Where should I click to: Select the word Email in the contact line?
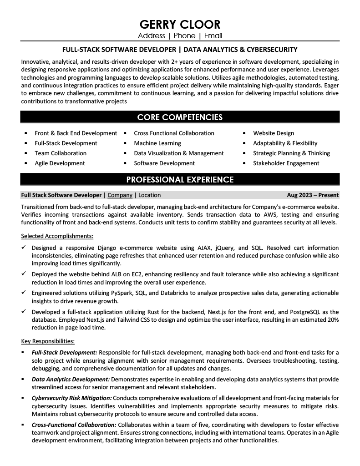(x=213, y=36)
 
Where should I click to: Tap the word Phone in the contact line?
(x=184, y=36)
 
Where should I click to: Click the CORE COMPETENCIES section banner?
(x=180, y=117)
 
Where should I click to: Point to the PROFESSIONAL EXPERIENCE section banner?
(x=180, y=180)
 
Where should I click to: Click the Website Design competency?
(x=274, y=133)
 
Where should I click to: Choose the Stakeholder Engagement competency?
(x=286, y=163)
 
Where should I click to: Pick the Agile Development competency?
(x=60, y=163)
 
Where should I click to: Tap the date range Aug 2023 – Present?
(x=313, y=195)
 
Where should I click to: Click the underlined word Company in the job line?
(x=120, y=195)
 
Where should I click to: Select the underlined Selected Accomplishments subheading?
(x=57, y=236)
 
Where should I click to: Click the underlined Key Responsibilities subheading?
(x=48, y=341)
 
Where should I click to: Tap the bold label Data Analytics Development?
(x=71, y=379)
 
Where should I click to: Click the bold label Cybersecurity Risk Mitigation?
(x=71, y=398)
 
